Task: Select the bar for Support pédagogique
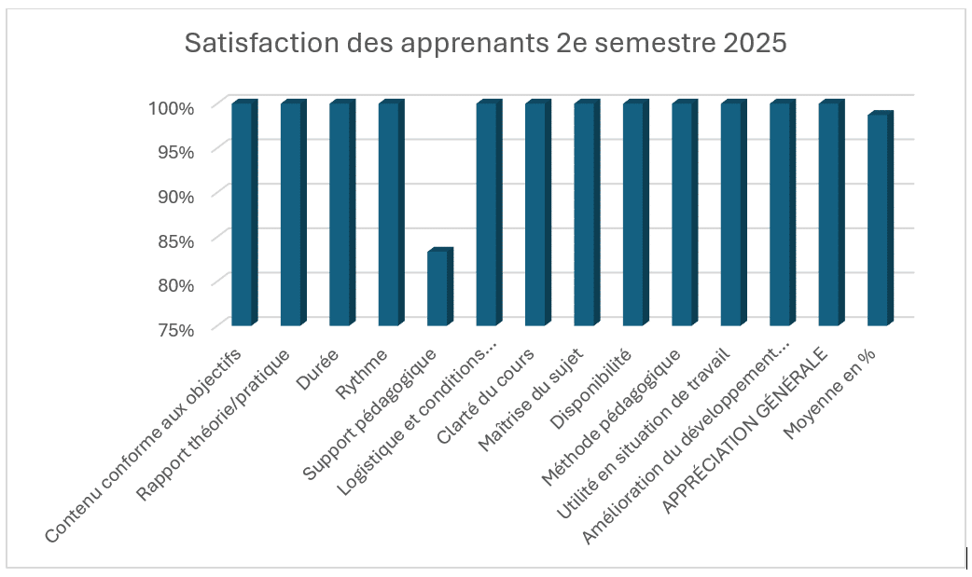(x=437, y=289)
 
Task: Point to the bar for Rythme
(x=389, y=214)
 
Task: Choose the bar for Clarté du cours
(x=535, y=214)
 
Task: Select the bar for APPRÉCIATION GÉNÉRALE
(x=828, y=214)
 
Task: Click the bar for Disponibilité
(x=633, y=214)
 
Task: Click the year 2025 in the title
(x=752, y=44)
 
